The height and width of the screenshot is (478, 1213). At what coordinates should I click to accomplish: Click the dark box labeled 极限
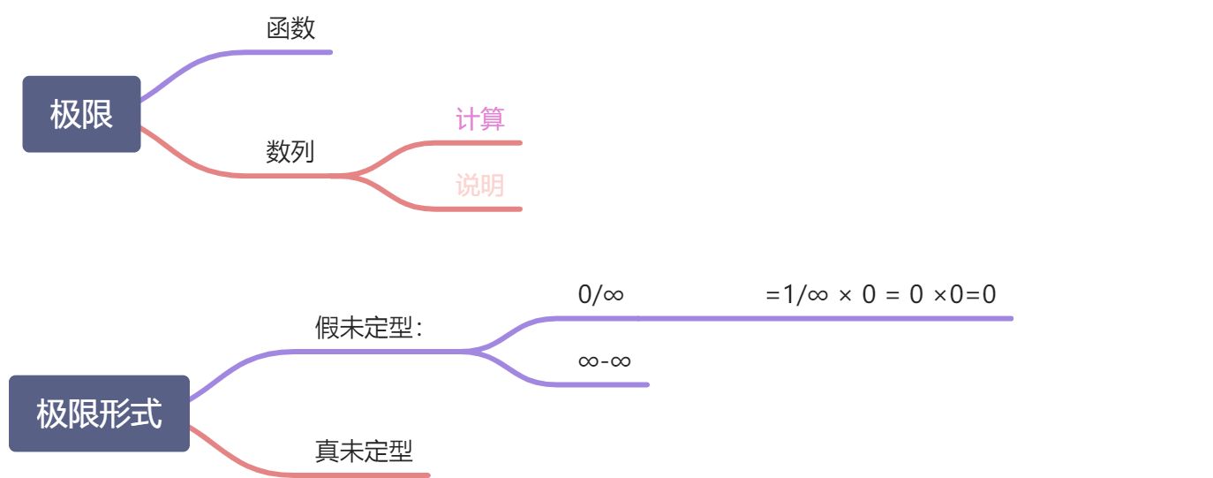coord(81,114)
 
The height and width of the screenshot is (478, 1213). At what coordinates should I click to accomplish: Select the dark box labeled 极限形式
coord(99,414)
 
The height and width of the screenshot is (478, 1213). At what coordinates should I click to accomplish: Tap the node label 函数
coord(290,29)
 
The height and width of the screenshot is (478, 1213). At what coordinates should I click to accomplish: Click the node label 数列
coord(290,152)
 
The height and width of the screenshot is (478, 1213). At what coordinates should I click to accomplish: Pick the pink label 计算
coord(479,118)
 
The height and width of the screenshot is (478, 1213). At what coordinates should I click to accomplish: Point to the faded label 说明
coord(479,186)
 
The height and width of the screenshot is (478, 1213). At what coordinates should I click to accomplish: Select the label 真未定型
coord(364,451)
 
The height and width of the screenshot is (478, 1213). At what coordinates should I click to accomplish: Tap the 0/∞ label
coord(600,294)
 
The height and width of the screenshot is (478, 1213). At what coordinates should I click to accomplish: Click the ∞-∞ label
coord(604,360)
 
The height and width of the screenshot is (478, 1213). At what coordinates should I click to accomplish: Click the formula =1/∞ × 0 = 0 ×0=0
coord(880,294)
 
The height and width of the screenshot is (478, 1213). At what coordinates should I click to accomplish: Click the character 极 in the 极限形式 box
coord(52,414)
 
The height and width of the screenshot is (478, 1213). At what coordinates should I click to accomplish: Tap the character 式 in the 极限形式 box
coord(147,414)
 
